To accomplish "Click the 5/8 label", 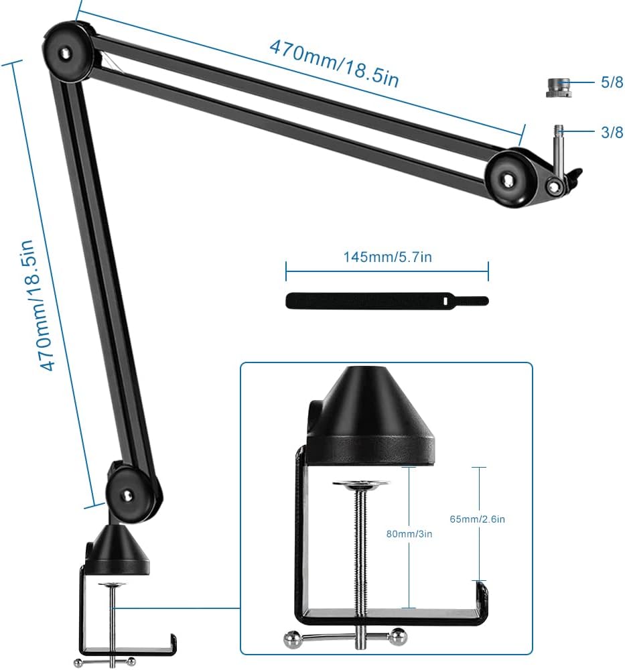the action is point(612,82).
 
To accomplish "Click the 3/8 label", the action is point(612,132).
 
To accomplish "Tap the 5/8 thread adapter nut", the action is point(559,88).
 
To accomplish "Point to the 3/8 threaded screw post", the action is point(559,147).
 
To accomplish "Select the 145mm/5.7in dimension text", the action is point(387,257).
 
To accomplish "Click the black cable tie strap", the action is point(387,301).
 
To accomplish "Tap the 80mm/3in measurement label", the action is point(409,534).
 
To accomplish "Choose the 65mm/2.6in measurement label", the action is point(477,519).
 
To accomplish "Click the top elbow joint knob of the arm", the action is point(68,52).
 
